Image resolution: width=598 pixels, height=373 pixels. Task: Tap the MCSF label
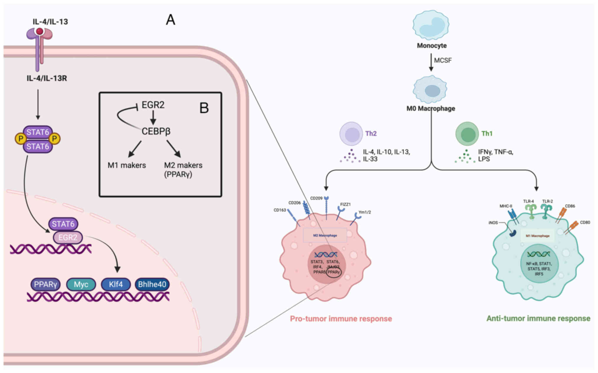point(443,60)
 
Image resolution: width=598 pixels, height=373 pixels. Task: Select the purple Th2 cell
point(351,134)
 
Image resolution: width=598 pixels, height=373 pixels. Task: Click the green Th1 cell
point(467,134)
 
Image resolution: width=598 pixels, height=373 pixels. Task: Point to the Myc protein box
point(81,284)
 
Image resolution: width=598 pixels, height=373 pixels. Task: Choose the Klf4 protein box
point(116,284)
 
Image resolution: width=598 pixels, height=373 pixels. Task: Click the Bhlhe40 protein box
point(152,284)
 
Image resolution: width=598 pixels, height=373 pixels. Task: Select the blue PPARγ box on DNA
point(45,284)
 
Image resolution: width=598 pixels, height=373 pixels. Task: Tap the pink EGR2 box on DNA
point(68,238)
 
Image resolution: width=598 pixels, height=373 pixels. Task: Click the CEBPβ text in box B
point(156,131)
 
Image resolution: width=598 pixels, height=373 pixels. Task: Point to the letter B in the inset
point(204,108)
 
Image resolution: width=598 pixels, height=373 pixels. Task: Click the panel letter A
point(171,20)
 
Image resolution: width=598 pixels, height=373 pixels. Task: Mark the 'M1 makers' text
point(127,165)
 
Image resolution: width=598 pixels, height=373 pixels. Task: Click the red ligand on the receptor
point(39,31)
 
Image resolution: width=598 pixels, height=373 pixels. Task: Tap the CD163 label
point(280,210)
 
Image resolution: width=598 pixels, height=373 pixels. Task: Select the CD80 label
point(585,223)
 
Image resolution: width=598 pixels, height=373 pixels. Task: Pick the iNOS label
point(493,223)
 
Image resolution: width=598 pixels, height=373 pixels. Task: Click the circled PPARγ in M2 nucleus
point(334,272)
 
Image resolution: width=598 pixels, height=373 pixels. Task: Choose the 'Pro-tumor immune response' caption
point(341,319)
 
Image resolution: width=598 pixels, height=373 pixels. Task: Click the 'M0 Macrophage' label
point(431,109)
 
